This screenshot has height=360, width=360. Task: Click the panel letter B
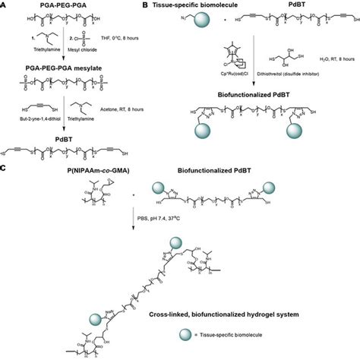187,5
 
